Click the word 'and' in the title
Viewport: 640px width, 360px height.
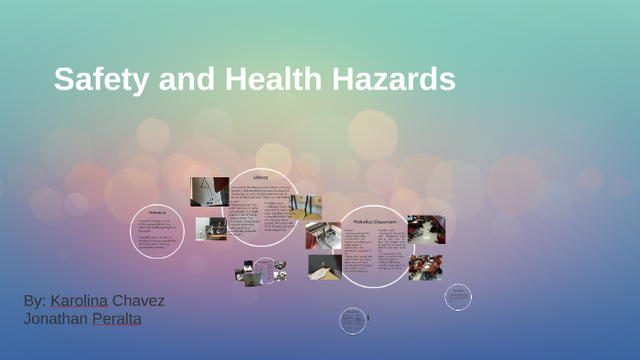(x=185, y=79)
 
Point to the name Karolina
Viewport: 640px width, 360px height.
(x=80, y=301)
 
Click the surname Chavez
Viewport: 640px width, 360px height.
(x=139, y=301)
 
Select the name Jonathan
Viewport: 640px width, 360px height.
(x=56, y=319)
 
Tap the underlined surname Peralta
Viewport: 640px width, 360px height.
(x=117, y=319)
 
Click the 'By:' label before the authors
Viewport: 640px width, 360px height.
(x=35, y=301)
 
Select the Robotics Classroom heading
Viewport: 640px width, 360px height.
(x=376, y=221)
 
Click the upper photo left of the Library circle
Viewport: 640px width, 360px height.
(x=209, y=192)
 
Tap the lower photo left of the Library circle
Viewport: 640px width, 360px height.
(x=211, y=228)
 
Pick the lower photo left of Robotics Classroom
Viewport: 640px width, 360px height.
(x=325, y=266)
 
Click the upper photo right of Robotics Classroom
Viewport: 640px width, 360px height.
(x=426, y=229)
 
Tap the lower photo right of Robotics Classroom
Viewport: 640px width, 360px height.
(x=425, y=267)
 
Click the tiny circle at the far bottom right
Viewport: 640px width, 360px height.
(x=458, y=296)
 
